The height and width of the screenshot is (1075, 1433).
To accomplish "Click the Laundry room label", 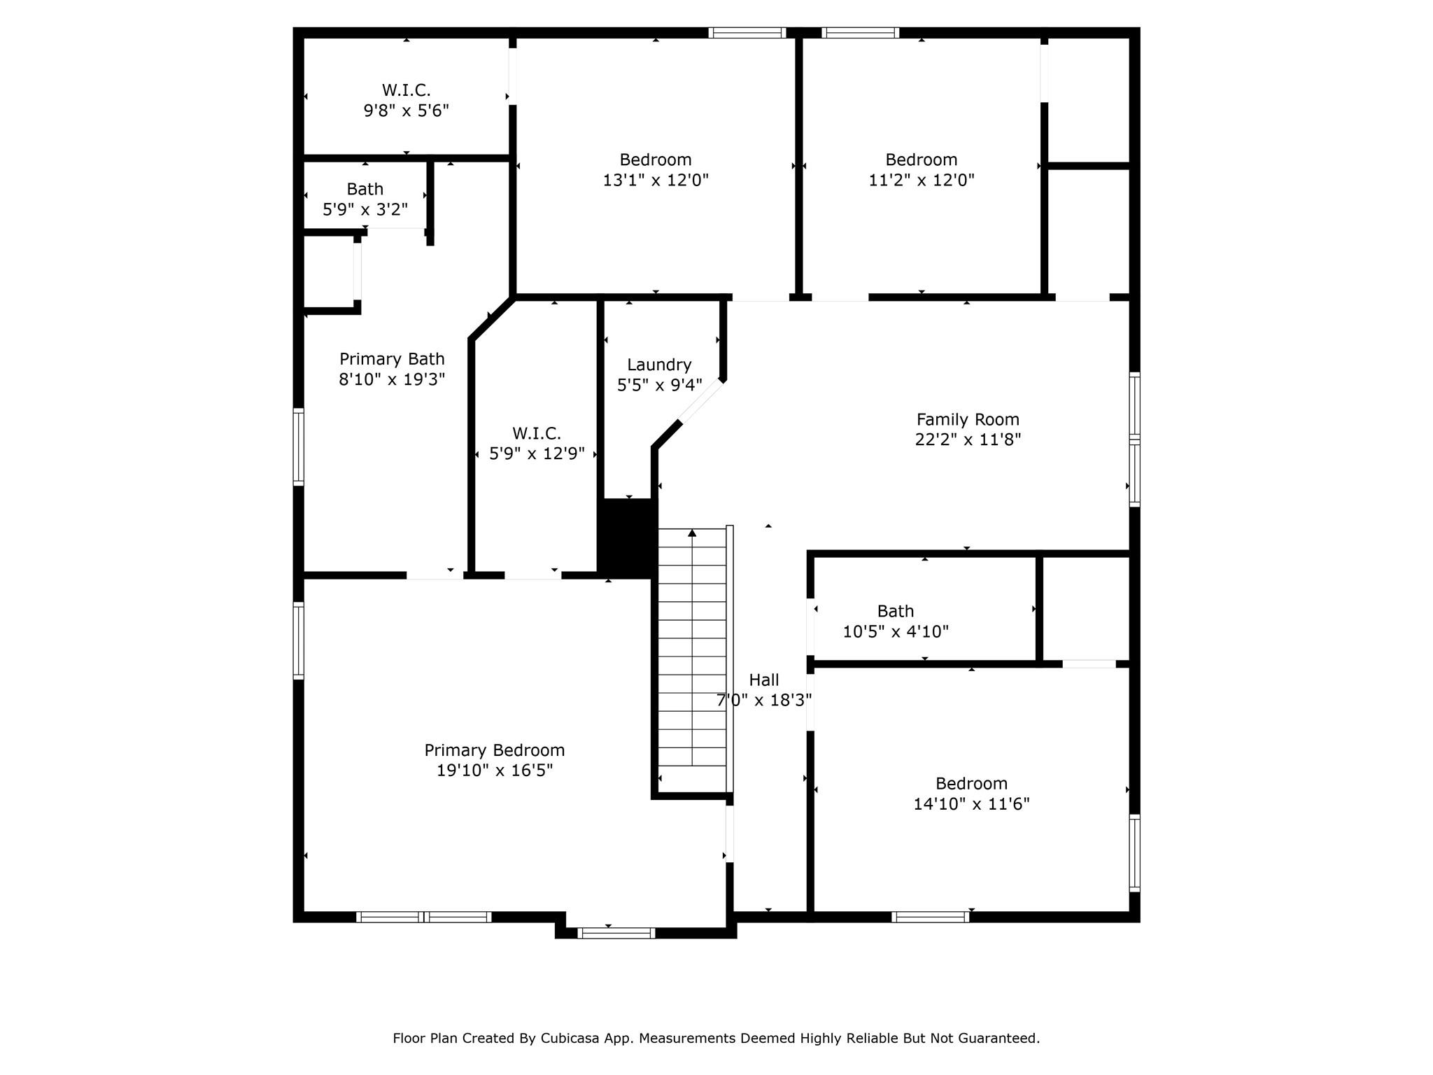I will point(658,365).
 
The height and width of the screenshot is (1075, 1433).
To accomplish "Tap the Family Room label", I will point(968,419).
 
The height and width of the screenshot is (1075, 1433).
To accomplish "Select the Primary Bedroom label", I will point(494,750).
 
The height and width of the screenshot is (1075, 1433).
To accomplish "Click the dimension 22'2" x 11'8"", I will point(968,440).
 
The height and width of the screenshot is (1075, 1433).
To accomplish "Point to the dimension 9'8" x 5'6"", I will point(406,111).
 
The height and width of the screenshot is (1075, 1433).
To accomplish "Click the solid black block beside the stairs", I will point(628,538).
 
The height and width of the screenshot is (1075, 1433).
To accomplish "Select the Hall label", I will point(763,680).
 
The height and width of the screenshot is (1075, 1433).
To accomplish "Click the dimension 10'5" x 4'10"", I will point(895,631).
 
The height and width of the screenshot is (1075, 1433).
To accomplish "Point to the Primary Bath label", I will point(392,359).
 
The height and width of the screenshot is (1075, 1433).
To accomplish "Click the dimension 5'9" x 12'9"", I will point(537,454).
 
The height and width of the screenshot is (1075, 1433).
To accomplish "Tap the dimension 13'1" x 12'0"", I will point(656,180).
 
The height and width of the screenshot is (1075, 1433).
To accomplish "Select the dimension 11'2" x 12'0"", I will point(921,180).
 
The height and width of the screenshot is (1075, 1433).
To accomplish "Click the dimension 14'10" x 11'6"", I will point(971,803).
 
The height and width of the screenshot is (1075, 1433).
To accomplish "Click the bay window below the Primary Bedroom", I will point(616,932).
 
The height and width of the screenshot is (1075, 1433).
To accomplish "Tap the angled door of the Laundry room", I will point(701,401).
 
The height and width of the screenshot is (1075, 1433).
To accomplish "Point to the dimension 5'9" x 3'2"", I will point(365,209).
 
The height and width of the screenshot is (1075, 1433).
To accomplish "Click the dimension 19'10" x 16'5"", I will point(494,771).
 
